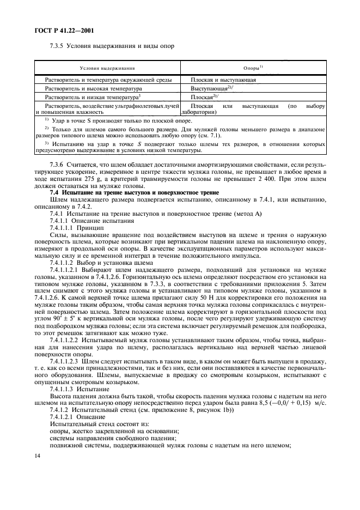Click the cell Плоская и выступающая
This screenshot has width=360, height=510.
point(223,80)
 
